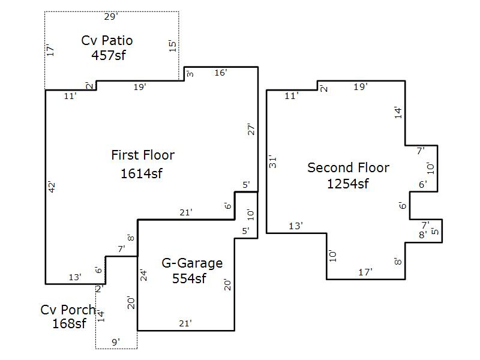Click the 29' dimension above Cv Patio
(x=111, y=17)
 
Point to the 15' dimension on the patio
(x=173, y=46)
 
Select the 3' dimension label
(x=190, y=73)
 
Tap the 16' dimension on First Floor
(x=221, y=73)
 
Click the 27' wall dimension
(x=251, y=130)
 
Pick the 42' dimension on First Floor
(x=52, y=187)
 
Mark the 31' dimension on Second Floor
(x=272, y=162)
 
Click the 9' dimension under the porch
(x=116, y=342)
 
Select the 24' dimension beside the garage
(x=143, y=275)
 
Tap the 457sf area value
(x=109, y=55)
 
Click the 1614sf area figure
(x=142, y=173)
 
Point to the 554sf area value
(x=189, y=278)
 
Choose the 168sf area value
(x=70, y=323)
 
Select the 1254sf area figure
(x=348, y=184)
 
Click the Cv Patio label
(x=107, y=40)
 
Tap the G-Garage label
(x=192, y=263)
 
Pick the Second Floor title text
(x=349, y=168)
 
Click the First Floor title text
(x=143, y=155)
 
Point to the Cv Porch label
(x=68, y=310)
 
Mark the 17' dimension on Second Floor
(x=365, y=272)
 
